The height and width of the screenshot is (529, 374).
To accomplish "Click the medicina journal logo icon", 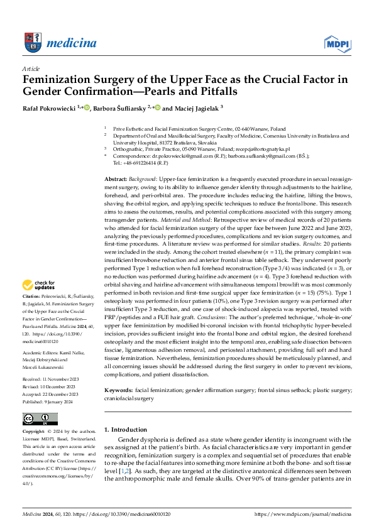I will pos(31,42).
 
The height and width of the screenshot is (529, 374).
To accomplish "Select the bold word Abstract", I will pos(116,179).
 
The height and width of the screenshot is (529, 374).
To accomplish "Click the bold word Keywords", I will pos(118,373).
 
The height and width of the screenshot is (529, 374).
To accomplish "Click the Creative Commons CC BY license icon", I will pos(37,418).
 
